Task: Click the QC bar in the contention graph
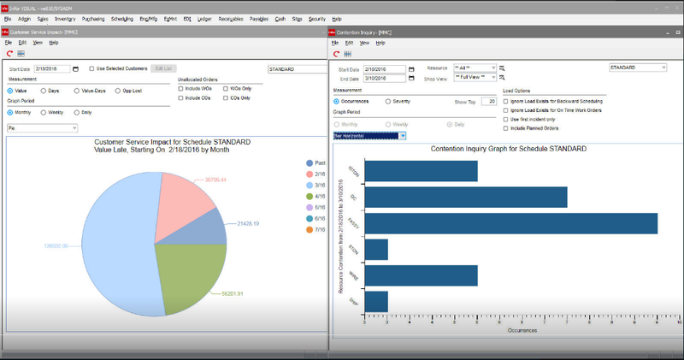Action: click(465, 197)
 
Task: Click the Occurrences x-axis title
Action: click(521, 329)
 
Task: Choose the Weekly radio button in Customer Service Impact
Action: click(44, 112)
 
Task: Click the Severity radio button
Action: click(390, 101)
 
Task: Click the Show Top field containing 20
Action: click(488, 101)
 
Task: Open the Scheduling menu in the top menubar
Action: click(121, 18)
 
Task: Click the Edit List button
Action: click(163, 68)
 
